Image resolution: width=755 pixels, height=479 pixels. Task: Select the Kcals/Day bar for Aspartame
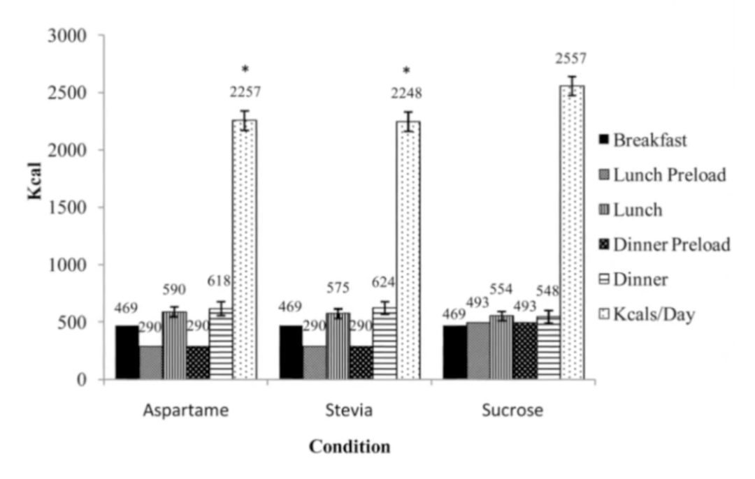(245, 251)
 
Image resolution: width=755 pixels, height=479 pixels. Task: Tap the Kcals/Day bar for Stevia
(408, 251)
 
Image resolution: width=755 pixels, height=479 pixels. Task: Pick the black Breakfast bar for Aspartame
(127, 353)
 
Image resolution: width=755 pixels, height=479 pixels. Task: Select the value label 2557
(572, 58)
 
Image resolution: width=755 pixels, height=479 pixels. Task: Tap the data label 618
(222, 281)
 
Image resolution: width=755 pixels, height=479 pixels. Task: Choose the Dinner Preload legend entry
(671, 245)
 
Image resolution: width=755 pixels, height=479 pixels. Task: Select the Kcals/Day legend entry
(653, 315)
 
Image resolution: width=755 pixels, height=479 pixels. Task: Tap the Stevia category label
(348, 411)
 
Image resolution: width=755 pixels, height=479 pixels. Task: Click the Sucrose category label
(512, 411)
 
